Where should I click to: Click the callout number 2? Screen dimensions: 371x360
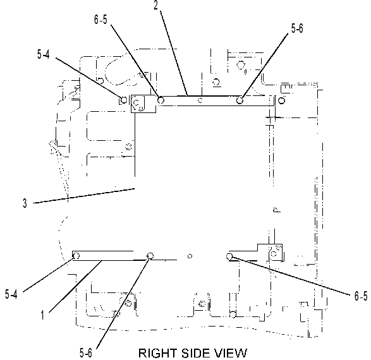[x=155, y=5]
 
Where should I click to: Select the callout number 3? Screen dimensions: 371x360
[x=25, y=203]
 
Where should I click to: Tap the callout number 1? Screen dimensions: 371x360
[x=42, y=315]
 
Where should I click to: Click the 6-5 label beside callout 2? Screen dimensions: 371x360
[x=100, y=20]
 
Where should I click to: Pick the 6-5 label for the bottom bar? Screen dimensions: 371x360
[x=361, y=296]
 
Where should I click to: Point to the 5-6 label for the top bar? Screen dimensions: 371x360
[x=297, y=28]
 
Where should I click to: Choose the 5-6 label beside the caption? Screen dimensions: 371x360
[x=86, y=353]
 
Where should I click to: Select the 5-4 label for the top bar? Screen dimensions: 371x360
[x=44, y=54]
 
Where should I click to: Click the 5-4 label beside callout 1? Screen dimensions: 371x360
[x=11, y=294]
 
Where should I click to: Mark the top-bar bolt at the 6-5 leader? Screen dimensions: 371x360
[x=161, y=100]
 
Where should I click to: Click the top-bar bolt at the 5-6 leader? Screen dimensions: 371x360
[x=240, y=100]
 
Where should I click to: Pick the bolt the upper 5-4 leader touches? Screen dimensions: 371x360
[x=124, y=100]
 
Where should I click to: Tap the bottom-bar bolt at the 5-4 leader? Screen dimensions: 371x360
[x=76, y=256]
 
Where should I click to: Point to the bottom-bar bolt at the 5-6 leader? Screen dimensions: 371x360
[x=150, y=256]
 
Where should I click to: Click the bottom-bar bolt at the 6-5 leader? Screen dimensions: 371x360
[x=229, y=256]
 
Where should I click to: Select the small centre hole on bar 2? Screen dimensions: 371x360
[x=200, y=100]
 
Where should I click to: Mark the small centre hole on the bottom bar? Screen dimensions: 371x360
[x=190, y=256]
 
